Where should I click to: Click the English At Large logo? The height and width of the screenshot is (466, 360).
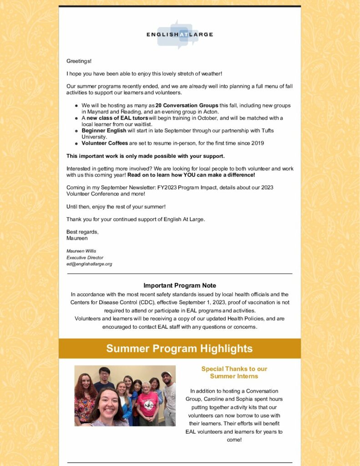179,35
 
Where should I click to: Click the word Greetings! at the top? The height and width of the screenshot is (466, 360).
79,61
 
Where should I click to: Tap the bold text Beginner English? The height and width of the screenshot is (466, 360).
104,131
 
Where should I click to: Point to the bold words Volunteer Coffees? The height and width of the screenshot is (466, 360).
105,143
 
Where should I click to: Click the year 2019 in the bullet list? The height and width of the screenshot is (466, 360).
257,143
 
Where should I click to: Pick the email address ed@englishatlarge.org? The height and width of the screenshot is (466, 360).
89,264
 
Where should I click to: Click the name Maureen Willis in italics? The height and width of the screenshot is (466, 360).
81,251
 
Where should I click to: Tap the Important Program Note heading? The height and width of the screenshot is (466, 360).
180,286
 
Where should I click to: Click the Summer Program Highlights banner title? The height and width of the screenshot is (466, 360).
179,349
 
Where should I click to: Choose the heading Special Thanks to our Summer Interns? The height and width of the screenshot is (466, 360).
234,373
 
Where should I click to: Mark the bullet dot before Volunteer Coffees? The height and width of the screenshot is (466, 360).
76,144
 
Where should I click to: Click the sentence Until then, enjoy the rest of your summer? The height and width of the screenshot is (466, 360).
116,207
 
